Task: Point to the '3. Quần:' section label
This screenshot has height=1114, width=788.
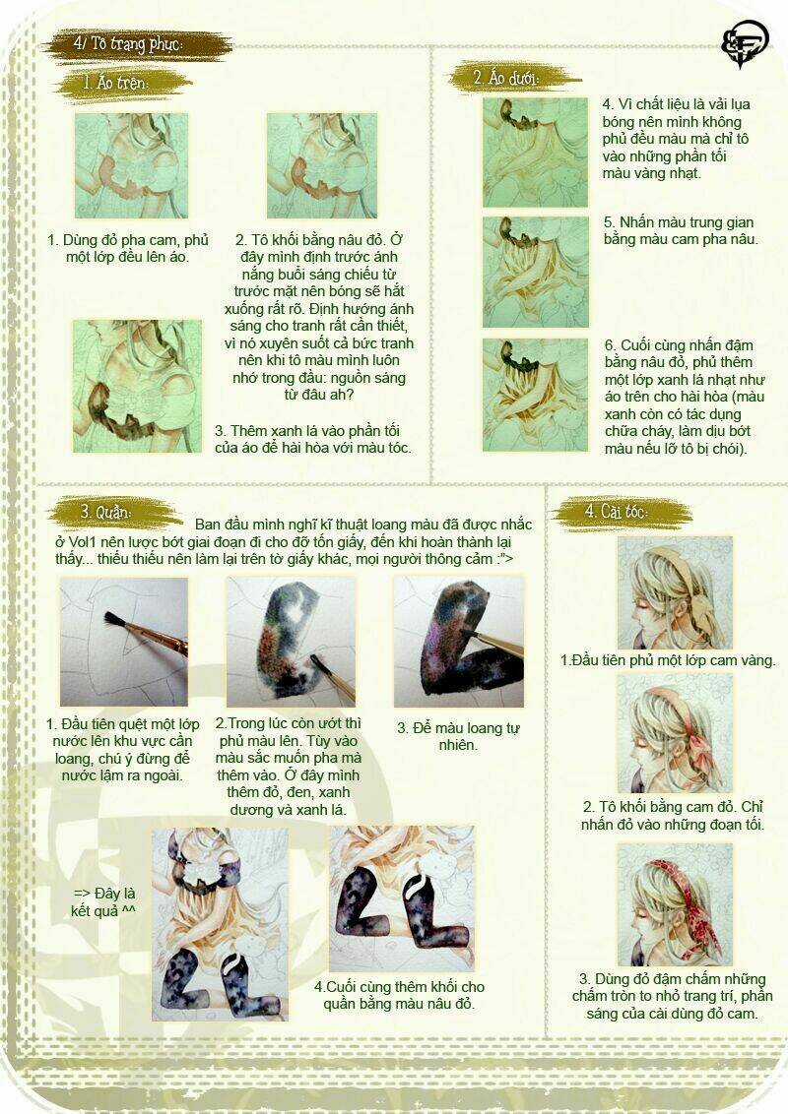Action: pyautogui.click(x=105, y=512)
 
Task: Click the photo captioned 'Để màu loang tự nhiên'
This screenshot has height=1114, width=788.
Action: pyautogui.click(x=458, y=642)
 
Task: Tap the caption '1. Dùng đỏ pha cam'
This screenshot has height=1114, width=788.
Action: pyautogui.click(x=128, y=248)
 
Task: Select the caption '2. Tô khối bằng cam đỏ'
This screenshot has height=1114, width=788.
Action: pyautogui.click(x=674, y=815)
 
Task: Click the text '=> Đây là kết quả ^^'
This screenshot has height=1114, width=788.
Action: pyautogui.click(x=102, y=900)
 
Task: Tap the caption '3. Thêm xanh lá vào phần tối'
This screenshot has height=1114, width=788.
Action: pyautogui.click(x=312, y=439)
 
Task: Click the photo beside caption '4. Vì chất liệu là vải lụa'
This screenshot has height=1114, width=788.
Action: pyautogui.click(x=534, y=152)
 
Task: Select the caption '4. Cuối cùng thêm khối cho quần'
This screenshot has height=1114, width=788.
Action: pyautogui.click(x=399, y=995)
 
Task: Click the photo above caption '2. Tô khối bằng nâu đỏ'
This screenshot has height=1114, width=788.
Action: pyautogui.click(x=322, y=165)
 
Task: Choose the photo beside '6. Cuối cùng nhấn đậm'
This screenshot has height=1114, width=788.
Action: pyautogui.click(x=534, y=394)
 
